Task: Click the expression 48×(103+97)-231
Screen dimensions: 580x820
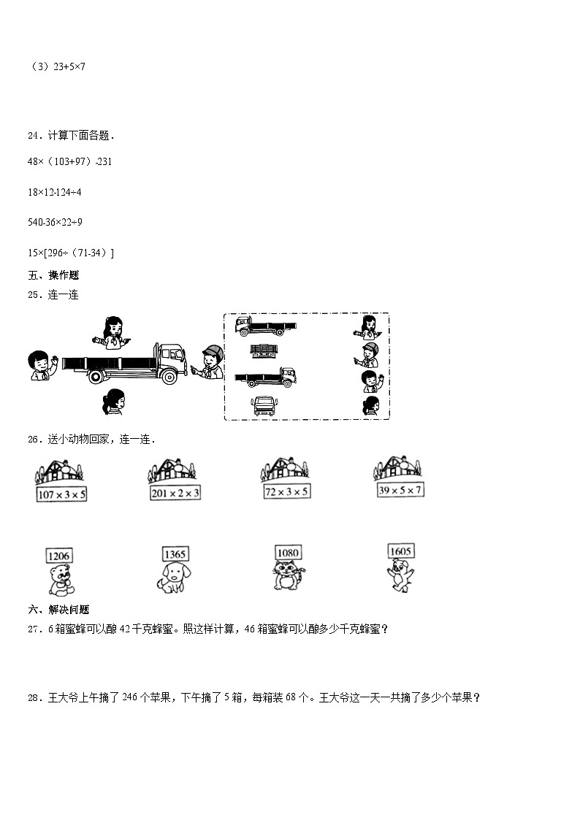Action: coord(69,161)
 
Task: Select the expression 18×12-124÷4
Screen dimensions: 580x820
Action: coord(54,192)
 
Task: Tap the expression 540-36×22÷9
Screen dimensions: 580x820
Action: coord(56,222)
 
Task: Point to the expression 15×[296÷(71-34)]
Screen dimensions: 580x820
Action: coord(71,253)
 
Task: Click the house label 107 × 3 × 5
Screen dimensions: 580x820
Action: coord(61,494)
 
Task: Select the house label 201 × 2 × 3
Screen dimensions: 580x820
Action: coord(175,493)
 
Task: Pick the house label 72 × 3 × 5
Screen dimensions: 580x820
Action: coord(286,491)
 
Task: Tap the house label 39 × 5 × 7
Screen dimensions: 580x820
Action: coord(399,490)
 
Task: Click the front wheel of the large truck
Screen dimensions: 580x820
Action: coord(168,377)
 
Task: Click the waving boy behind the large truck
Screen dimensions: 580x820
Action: coord(40,365)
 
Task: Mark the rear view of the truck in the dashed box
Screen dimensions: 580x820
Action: coord(264,351)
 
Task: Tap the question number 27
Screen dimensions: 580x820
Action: coord(34,629)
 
